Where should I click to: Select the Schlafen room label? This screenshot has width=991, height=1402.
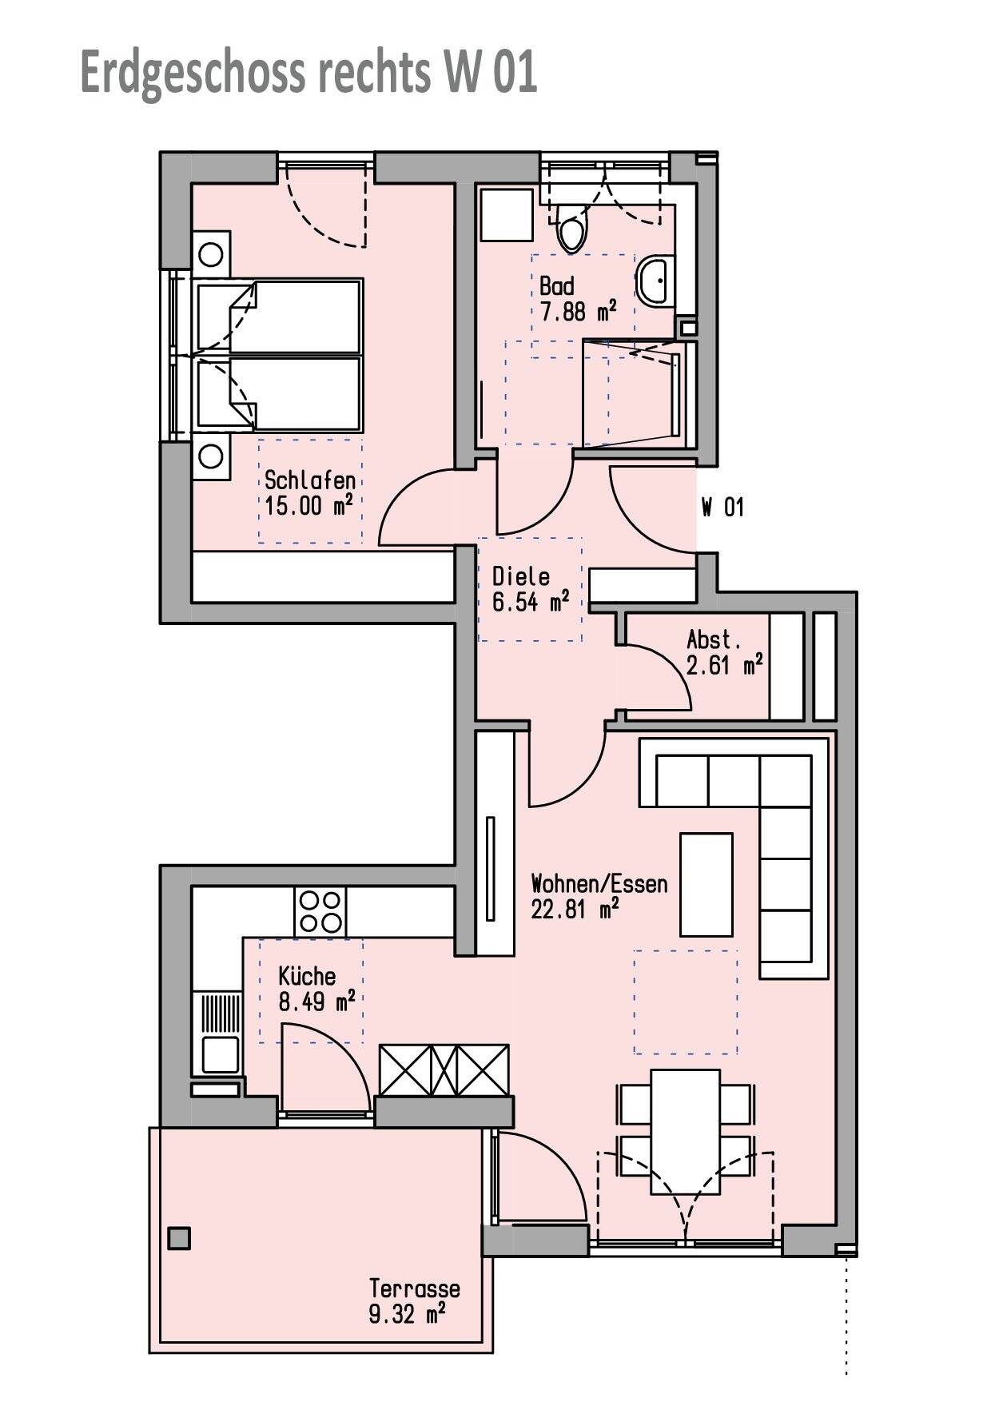[310, 480]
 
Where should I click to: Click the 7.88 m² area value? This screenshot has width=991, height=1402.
[579, 311]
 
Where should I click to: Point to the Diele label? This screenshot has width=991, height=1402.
[521, 576]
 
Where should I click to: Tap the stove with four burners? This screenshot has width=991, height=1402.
[320, 912]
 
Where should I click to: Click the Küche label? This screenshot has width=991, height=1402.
[307, 976]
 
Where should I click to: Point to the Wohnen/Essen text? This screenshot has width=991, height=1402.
[599, 883]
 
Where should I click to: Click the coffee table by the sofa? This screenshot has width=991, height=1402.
[706, 884]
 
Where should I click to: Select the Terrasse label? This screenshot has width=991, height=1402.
[415, 1288]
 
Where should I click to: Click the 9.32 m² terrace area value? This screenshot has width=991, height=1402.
[408, 1313]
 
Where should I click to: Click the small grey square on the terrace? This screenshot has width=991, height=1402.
[180, 1238]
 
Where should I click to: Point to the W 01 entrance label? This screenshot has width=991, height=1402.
[723, 507]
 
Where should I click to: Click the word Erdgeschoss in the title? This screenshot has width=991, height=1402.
[193, 74]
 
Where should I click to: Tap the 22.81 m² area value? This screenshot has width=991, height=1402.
[576, 909]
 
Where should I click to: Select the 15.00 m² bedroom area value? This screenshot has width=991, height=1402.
[308, 506]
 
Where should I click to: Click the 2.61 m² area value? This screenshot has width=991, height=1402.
[725, 664]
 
